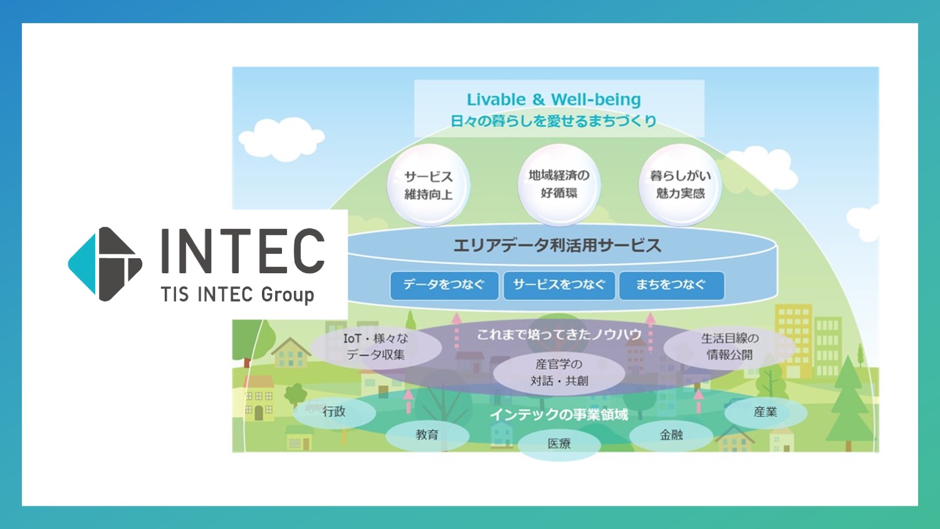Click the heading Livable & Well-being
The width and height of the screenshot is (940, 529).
(x=554, y=99)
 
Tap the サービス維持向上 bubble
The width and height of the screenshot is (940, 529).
(x=429, y=185)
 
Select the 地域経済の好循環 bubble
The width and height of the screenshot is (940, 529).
(x=559, y=184)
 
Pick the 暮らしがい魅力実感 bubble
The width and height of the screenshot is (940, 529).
(x=680, y=184)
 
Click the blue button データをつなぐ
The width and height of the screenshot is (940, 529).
(x=444, y=285)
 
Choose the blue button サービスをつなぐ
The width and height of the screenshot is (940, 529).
(x=559, y=285)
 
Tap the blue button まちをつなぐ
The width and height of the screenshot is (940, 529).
(x=671, y=285)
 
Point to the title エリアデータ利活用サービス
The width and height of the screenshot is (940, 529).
(x=557, y=245)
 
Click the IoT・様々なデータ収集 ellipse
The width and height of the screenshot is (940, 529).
(x=376, y=347)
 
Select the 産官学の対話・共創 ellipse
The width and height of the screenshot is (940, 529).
(x=559, y=373)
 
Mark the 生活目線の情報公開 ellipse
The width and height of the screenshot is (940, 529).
(x=729, y=347)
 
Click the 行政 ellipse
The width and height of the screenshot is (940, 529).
(x=334, y=412)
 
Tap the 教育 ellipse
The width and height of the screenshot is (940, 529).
(x=427, y=435)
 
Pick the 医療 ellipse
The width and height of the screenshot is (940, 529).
(x=559, y=444)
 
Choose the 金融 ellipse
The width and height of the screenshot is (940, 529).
(x=671, y=435)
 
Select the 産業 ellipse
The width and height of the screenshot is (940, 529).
(x=765, y=412)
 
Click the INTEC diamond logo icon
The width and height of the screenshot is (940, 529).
(x=105, y=264)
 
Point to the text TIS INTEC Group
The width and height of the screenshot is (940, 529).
(x=238, y=295)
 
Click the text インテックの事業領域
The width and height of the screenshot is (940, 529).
(x=558, y=414)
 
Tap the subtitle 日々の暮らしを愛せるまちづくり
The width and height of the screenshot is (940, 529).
(x=553, y=121)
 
